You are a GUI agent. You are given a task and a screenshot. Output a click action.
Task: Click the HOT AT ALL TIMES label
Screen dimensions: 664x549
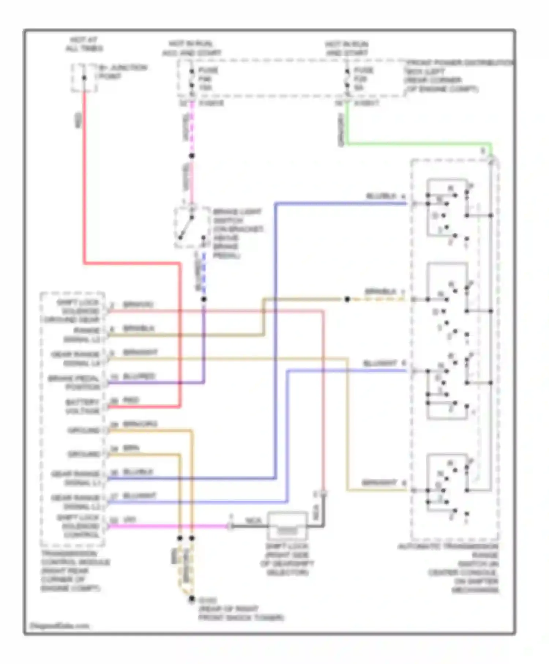pyautogui.click(x=84, y=44)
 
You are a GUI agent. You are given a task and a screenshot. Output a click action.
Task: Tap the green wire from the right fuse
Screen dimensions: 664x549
pyautogui.click(x=417, y=143)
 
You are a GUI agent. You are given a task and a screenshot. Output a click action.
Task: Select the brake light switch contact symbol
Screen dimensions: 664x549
pyautogui.click(x=187, y=227)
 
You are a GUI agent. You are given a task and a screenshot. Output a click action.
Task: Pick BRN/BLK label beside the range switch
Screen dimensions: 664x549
pyautogui.click(x=381, y=292)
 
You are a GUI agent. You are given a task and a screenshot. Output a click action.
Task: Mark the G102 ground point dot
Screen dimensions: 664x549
pyautogui.click(x=191, y=599)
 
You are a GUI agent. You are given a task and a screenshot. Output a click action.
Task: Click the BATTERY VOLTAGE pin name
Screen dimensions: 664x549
pyautogui.click(x=83, y=406)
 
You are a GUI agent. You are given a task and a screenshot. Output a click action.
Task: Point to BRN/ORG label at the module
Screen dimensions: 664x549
pyautogui.click(x=140, y=424)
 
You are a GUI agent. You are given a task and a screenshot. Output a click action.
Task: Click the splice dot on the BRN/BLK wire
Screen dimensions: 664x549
pyautogui.click(x=347, y=299)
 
